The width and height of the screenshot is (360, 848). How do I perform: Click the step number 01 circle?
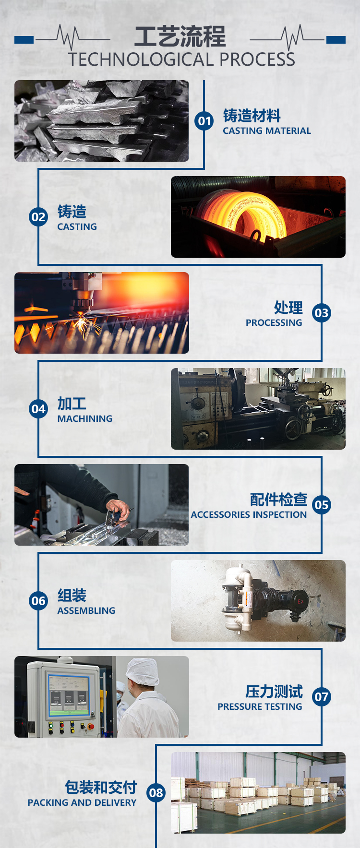click(x=204, y=121)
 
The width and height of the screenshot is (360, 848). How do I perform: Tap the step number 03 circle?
click(x=322, y=313)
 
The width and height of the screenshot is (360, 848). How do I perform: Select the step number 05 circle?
click(x=322, y=505)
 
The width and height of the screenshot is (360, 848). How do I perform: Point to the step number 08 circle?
click(x=156, y=793)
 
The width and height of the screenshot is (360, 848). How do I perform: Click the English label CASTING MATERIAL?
click(x=267, y=131)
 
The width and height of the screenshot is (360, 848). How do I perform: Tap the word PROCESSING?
click(x=274, y=322)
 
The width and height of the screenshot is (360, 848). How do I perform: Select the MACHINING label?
click(x=85, y=418)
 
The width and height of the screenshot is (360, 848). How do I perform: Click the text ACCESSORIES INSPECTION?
click(x=249, y=514)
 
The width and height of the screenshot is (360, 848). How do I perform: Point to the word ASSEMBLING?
click(x=86, y=610)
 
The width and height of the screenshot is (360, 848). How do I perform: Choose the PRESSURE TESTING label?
click(x=260, y=706)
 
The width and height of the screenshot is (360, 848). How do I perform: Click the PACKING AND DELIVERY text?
click(x=82, y=802)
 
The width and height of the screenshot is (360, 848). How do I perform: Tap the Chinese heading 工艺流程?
click(x=180, y=36)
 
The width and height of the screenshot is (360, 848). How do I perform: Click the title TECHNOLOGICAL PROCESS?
click(x=181, y=59)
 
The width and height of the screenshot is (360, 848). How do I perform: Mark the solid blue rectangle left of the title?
click(x=24, y=40)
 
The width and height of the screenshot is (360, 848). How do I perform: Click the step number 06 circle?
click(x=38, y=601)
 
